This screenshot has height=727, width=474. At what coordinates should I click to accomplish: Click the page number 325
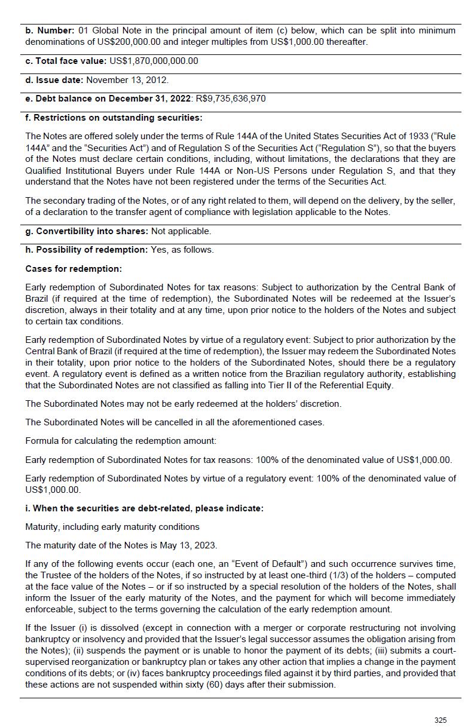(x=440, y=720)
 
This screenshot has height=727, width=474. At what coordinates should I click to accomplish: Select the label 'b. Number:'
(x=50, y=30)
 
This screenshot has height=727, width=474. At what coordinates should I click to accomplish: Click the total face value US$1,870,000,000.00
(x=154, y=61)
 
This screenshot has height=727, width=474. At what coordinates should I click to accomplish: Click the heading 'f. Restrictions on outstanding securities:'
(x=114, y=118)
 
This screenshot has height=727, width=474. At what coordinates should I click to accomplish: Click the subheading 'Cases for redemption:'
(x=74, y=269)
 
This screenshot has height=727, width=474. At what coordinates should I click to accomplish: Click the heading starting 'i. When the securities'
(x=144, y=508)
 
